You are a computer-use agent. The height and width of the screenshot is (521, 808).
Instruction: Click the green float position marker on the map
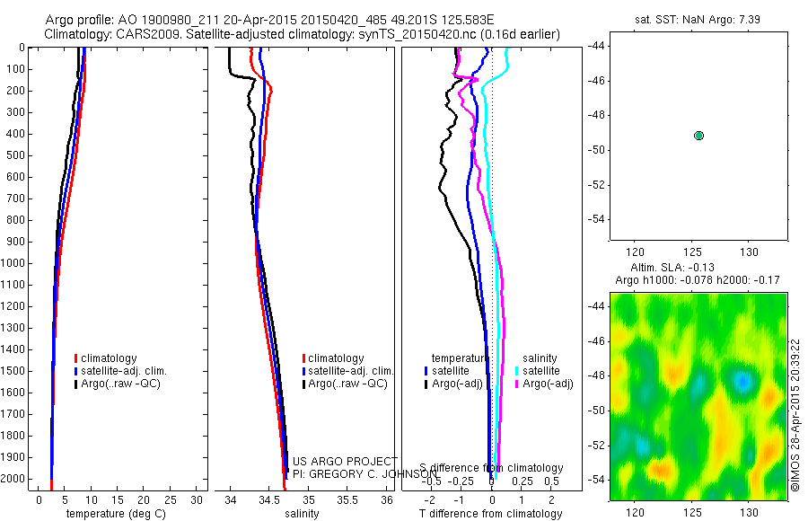pos(698,136)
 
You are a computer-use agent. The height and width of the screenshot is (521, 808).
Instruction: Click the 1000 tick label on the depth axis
pos(15,263)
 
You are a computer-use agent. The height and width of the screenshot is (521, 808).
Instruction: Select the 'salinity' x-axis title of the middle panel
pos(302,514)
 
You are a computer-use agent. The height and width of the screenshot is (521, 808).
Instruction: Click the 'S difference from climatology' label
pos(492,468)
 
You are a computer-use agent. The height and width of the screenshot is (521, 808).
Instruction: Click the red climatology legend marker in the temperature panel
pos(75,358)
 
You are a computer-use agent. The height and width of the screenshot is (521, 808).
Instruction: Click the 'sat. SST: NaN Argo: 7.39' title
pos(698,18)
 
